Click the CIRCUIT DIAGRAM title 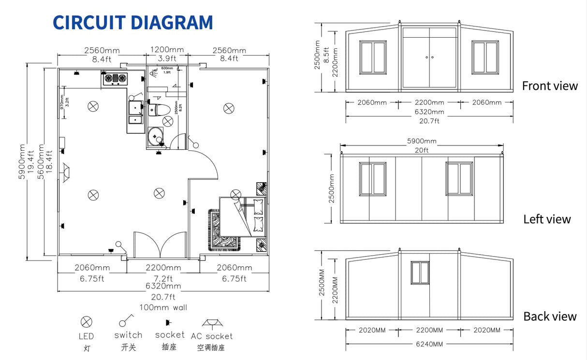coord(132,23)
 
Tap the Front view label coord(549,86)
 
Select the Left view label coord(547,219)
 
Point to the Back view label coord(550,317)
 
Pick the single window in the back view coord(420,274)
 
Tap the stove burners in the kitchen coord(115,77)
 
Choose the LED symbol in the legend coord(86,321)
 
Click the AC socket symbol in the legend coord(211,322)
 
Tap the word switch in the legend coord(128,335)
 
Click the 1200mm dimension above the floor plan coord(167,50)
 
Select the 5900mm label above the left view coord(422,141)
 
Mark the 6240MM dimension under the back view coord(429,344)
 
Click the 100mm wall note coord(163,307)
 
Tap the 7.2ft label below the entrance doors coord(163,278)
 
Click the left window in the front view coord(373,58)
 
